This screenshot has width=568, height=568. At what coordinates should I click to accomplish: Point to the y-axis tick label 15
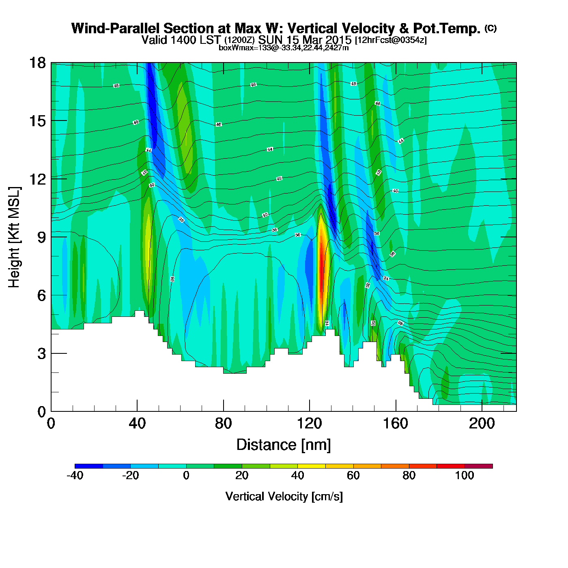(37, 121)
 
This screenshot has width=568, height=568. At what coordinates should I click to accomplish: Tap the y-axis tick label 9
(41, 237)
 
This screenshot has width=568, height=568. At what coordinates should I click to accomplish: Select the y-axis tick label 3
(41, 354)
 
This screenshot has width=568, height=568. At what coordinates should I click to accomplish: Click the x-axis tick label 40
(137, 424)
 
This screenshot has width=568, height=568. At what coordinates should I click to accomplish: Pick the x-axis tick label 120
(309, 424)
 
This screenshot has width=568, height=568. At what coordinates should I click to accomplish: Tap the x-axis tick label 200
(482, 424)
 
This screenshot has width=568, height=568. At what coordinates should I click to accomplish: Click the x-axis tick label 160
(396, 424)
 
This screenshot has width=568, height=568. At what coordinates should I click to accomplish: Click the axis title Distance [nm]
(284, 445)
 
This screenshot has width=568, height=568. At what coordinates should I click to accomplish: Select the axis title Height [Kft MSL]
(14, 237)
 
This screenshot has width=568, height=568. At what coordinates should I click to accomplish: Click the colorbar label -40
(75, 475)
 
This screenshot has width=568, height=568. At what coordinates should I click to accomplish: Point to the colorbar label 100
(465, 475)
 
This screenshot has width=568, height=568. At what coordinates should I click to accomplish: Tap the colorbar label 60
(353, 475)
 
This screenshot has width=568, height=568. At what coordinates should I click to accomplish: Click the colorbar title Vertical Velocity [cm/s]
(284, 496)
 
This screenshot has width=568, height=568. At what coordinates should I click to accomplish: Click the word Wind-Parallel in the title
(116, 28)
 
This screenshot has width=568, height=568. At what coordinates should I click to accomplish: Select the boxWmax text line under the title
(284, 48)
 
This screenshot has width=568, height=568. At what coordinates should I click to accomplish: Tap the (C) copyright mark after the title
(491, 28)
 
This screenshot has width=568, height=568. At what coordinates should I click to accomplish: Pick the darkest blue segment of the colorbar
(88, 466)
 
